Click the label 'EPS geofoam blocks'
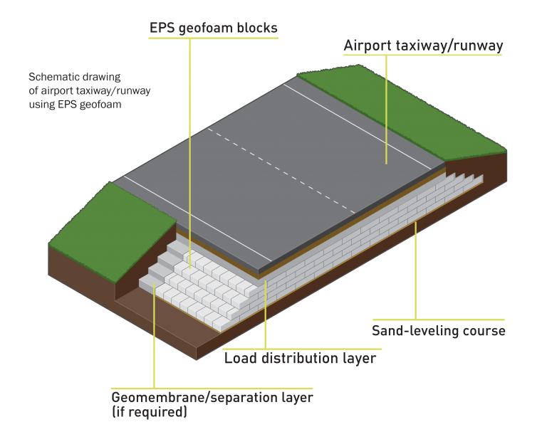(x=214, y=28)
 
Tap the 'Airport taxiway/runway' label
(x=423, y=46)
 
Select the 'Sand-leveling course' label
(x=439, y=331)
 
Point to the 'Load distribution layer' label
(x=300, y=358)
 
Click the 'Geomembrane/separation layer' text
(x=212, y=398)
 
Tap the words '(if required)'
(x=150, y=412)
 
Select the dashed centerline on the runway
(x=281, y=170)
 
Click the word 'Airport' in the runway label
(x=368, y=46)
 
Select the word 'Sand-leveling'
(x=415, y=331)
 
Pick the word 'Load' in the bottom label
(x=241, y=358)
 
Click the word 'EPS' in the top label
(x=162, y=28)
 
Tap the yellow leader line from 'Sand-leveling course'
(x=415, y=270)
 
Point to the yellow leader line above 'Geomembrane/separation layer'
(x=154, y=336)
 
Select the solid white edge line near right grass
(x=358, y=127)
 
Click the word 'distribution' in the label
(x=299, y=358)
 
